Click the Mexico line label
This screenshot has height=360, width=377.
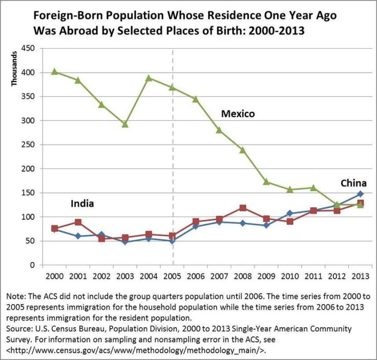point(238,114)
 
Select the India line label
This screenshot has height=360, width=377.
point(82,204)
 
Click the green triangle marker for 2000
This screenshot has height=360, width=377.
point(54,72)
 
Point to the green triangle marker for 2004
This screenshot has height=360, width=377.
point(149,78)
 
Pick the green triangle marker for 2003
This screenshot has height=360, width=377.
point(125,124)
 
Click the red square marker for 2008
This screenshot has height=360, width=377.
point(243,208)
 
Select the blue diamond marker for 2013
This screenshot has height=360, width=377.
point(360,194)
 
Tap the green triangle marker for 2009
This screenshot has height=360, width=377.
point(266,182)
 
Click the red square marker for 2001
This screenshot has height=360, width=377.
point(78,222)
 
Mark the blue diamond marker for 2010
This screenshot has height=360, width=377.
point(290,214)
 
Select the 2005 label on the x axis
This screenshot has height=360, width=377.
point(172,277)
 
